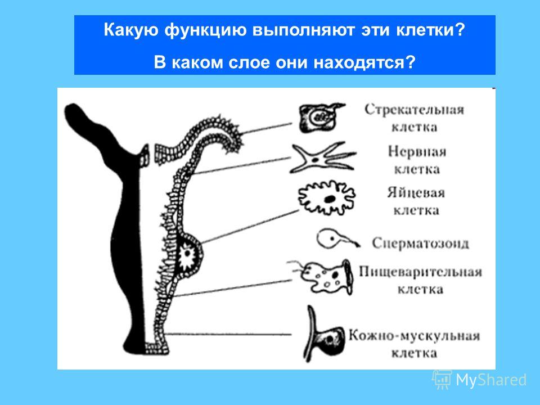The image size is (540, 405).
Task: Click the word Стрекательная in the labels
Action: (x=415, y=110)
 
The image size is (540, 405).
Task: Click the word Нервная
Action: (x=417, y=151)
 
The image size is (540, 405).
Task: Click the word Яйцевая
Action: (x=416, y=192)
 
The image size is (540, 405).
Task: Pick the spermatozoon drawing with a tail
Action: (x=337, y=239)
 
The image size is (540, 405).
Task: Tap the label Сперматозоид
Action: (x=420, y=243)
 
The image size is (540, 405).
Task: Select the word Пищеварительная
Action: (x=420, y=272)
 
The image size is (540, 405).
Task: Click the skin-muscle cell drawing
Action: (x=325, y=335)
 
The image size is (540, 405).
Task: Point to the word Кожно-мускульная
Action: (x=415, y=335)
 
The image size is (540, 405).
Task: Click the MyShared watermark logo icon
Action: (x=442, y=380)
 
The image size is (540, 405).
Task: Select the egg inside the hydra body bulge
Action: (x=187, y=254)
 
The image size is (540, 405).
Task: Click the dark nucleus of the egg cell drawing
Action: (x=330, y=199)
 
